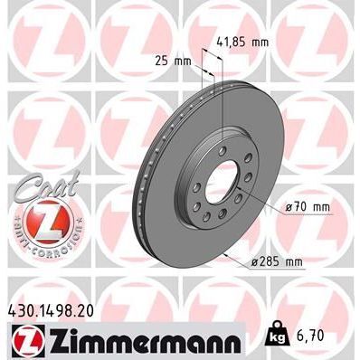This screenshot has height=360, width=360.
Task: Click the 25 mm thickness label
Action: pos(167,62)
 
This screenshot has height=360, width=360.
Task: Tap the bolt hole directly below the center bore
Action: pos(220,221)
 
